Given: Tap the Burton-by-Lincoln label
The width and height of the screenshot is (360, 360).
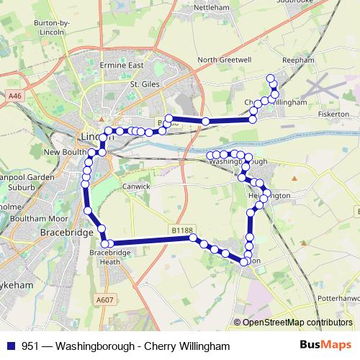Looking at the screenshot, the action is (x=31, y=27).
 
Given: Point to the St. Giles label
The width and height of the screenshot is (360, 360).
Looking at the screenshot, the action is (x=144, y=84).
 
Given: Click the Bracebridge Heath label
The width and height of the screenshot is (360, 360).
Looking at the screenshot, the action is (x=109, y=258).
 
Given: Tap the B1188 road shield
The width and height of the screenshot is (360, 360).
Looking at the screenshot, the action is (x=182, y=230).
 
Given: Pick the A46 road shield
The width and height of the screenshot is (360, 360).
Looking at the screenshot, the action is (x=15, y=94).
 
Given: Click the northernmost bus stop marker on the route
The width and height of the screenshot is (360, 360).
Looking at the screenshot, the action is (x=271, y=78).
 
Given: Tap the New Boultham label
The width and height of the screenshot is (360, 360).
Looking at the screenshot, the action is (x=66, y=153).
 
